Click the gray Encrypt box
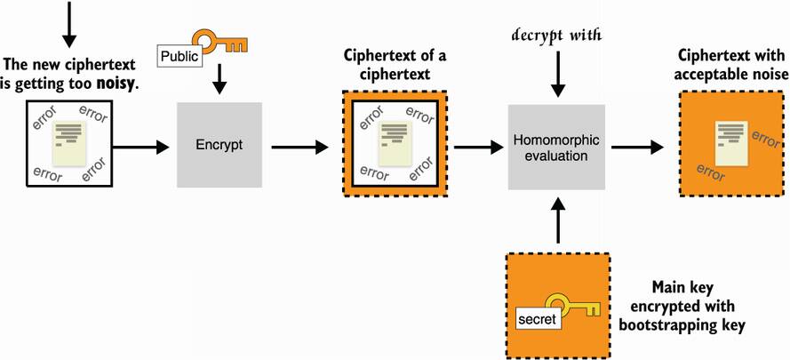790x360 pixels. tap(219, 144)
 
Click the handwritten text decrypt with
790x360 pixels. tap(557, 36)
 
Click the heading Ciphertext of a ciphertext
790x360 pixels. tap(395, 65)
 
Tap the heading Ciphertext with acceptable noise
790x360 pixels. tap(730, 65)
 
